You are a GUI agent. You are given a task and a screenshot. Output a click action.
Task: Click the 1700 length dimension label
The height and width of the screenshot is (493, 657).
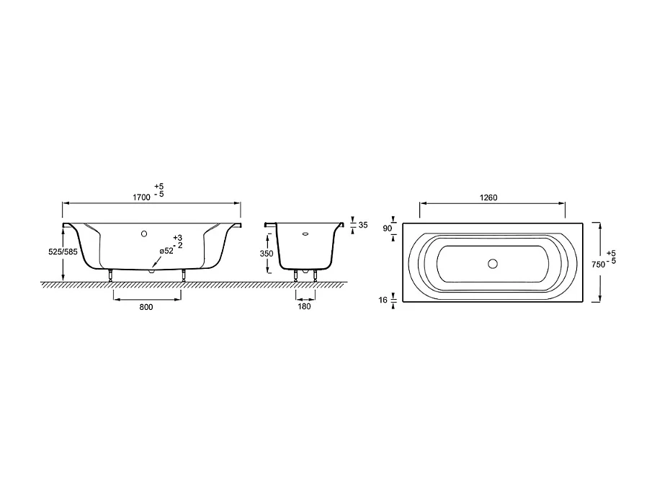tap(142, 197)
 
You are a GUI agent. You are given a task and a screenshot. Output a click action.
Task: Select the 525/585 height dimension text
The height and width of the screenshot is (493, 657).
tap(63, 252)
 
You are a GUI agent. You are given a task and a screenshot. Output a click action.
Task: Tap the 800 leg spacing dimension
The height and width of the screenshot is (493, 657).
tap(146, 307)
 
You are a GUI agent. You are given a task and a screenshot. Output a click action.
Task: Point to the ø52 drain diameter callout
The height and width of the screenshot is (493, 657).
tap(166, 251)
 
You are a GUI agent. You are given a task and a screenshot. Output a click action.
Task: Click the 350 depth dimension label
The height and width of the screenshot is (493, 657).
tap(266, 254)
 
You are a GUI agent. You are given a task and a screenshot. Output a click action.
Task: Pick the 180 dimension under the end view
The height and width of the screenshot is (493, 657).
tap(304, 306)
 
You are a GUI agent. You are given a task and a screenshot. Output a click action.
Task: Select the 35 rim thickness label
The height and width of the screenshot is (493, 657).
tap(363, 225)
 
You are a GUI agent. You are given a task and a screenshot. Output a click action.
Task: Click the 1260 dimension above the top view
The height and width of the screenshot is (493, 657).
tap(488, 198)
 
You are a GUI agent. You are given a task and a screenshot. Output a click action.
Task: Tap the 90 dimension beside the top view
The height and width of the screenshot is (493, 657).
tap(387, 228)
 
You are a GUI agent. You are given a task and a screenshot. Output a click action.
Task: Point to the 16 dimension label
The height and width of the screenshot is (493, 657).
tap(383, 300)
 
